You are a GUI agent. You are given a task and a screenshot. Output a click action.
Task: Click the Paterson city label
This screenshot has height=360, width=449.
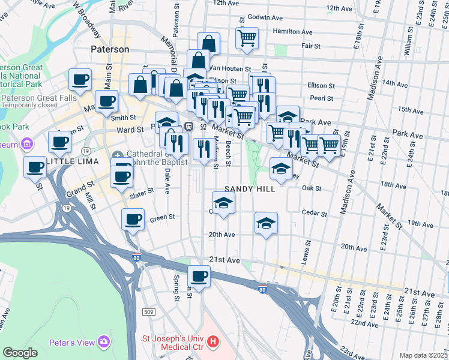[110, 49]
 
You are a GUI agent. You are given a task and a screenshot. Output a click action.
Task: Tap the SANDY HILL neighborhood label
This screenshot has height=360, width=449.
[250, 189]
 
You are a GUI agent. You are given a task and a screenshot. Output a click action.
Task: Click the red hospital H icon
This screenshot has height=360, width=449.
[213, 343]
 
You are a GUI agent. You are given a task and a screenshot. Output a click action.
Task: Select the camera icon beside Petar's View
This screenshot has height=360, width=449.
[105, 342]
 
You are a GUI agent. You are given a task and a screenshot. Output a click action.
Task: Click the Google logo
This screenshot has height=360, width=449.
[20, 353]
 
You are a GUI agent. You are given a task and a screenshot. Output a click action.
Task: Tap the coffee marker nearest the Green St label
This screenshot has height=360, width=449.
[133, 220]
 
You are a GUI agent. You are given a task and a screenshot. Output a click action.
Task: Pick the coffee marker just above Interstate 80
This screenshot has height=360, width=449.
[199, 277]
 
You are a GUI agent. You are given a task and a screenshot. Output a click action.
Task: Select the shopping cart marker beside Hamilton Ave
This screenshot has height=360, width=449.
[247, 38]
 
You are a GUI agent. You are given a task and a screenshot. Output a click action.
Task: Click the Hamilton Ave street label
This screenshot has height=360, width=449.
[292, 32]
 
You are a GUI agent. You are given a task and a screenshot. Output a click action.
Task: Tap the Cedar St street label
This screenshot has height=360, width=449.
[314, 213]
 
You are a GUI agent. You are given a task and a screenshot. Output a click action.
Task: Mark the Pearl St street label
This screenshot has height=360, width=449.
[322, 98]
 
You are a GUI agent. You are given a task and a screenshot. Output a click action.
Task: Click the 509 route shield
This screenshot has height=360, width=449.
[149, 313]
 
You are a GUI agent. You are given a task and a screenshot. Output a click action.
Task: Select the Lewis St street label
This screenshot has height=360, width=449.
[307, 253]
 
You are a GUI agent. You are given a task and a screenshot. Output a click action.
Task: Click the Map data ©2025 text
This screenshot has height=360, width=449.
[423, 355]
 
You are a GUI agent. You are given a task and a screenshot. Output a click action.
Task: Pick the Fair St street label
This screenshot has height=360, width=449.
[311, 46]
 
